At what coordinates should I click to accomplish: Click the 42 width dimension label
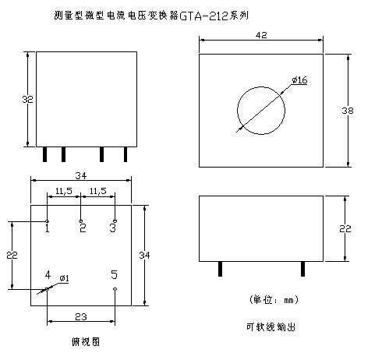click(261, 35)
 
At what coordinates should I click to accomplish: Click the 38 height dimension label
click(347, 111)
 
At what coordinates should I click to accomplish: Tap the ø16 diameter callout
click(299, 80)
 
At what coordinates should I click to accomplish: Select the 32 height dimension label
click(27, 100)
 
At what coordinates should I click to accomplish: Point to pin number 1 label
click(47, 228)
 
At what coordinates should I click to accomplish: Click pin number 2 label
click(83, 228)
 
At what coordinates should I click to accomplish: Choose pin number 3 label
click(113, 228)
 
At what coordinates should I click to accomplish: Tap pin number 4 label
click(48, 274)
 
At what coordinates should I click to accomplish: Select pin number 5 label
click(114, 274)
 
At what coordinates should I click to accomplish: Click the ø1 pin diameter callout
click(64, 278)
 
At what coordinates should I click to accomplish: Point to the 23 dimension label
click(81, 316)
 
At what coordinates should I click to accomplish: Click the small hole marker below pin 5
click(115, 289)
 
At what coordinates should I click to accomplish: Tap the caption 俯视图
click(86, 342)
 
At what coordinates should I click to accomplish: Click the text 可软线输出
click(271, 326)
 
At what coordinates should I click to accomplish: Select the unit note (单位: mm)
click(274, 300)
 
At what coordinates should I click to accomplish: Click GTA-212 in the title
click(203, 16)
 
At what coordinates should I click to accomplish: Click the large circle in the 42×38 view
click(261, 87)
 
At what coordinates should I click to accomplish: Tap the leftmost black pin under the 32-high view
click(44, 154)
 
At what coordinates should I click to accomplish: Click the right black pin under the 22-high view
click(302, 269)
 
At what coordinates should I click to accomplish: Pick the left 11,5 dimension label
click(64, 191)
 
